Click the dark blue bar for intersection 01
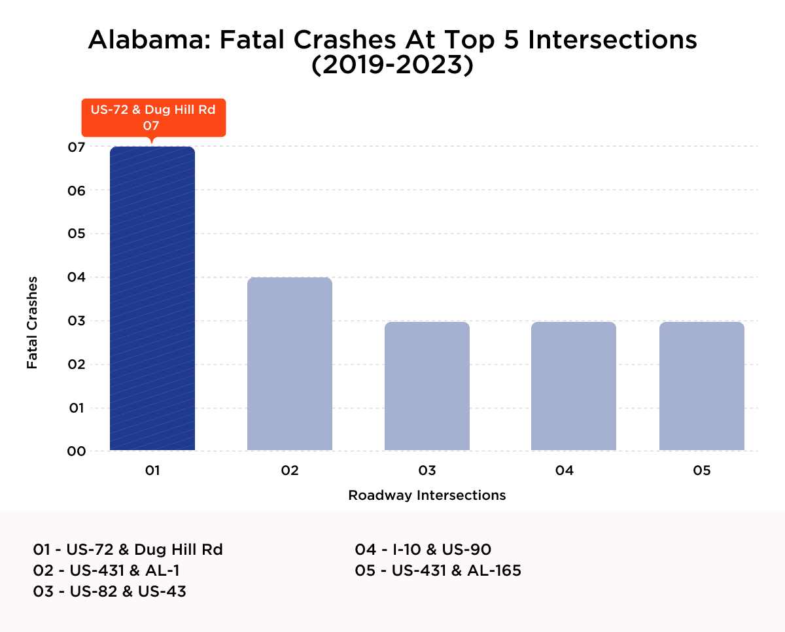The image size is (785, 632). click(x=152, y=298)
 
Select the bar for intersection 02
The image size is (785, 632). click(x=290, y=364)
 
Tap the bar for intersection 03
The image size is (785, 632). click(x=427, y=386)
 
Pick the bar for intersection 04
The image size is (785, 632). click(x=574, y=386)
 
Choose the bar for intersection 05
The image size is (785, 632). click(x=702, y=386)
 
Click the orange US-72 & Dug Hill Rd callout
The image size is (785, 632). click(x=153, y=118)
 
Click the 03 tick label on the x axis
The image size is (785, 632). click(x=427, y=470)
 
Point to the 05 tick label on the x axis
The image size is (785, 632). click(x=702, y=470)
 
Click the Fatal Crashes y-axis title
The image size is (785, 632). click(x=32, y=323)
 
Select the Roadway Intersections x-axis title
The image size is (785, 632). click(x=427, y=495)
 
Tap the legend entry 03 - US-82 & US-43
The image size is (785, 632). click(x=110, y=592)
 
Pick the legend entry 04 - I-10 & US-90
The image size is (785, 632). click(x=423, y=550)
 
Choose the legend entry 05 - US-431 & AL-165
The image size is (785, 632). click(x=438, y=571)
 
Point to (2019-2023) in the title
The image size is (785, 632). click(x=392, y=66)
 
